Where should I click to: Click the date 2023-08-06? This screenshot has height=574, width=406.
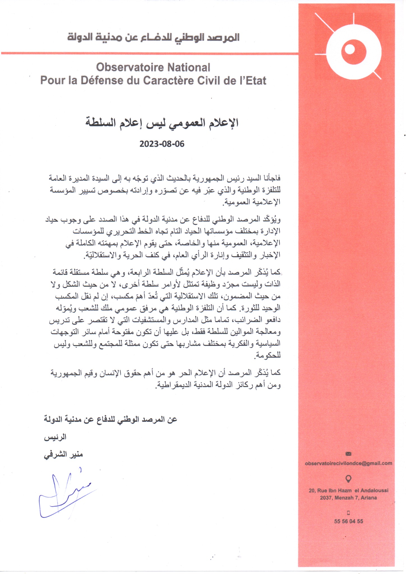[x=162, y=144]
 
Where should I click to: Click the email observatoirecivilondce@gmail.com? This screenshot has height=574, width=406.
[x=349, y=463]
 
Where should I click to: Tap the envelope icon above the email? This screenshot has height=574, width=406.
[x=349, y=453]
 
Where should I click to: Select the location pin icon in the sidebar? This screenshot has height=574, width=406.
[x=349, y=478]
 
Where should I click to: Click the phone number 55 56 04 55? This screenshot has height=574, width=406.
[x=349, y=521]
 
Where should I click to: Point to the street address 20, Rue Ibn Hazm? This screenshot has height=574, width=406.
[x=349, y=490]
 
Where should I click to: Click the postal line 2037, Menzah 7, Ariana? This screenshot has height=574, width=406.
[x=349, y=498]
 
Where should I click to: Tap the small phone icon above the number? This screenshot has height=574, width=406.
[x=349, y=513]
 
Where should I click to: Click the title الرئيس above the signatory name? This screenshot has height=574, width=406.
[x=55, y=437]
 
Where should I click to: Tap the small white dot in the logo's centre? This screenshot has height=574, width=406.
[x=350, y=49]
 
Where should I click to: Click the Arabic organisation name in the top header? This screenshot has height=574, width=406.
[x=153, y=37]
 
